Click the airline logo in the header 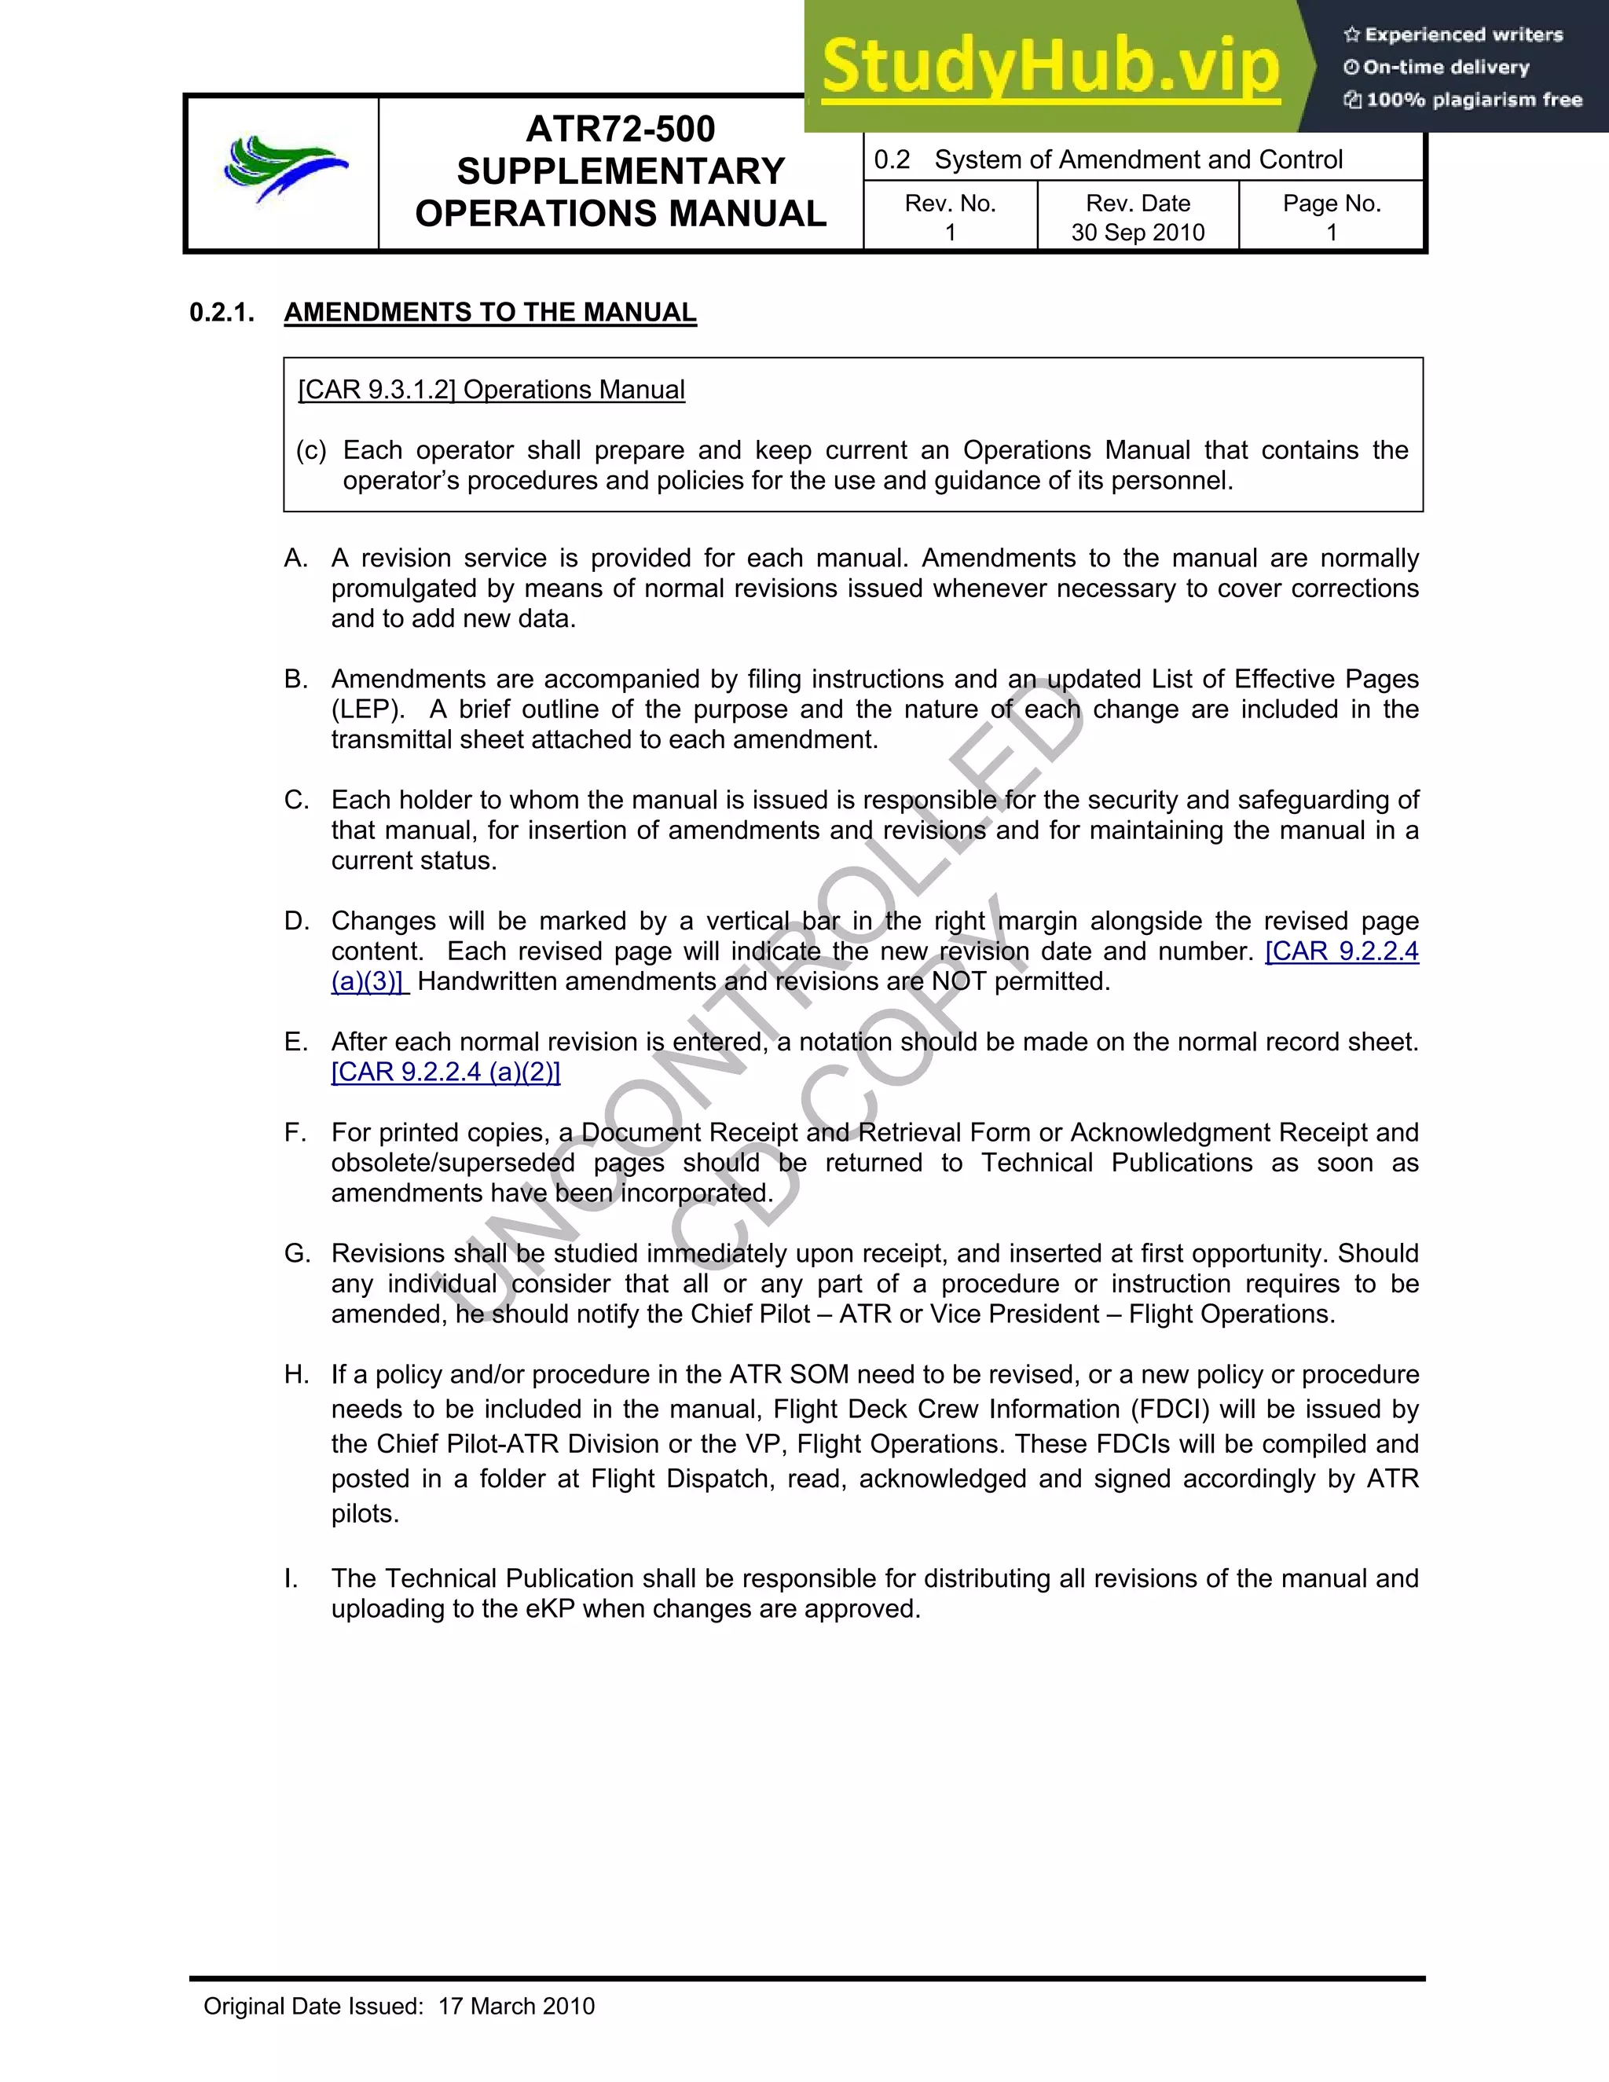[x=285, y=169]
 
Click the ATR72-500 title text [x=620, y=129]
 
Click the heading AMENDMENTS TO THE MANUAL [x=490, y=313]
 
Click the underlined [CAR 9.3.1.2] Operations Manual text [x=491, y=390]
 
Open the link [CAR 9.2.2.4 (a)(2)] [x=445, y=1072]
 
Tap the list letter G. [x=296, y=1254]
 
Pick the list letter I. [x=290, y=1578]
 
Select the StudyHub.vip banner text [x=1050, y=67]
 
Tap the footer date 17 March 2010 [x=515, y=2007]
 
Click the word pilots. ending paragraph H [x=365, y=1514]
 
